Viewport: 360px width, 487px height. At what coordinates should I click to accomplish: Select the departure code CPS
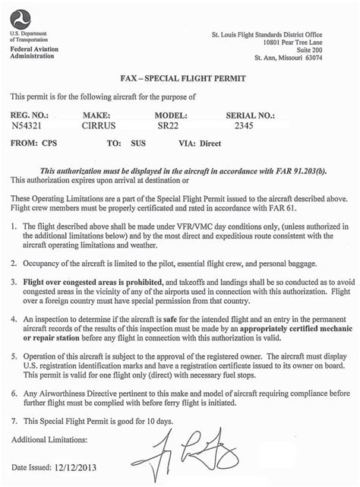point(49,142)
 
